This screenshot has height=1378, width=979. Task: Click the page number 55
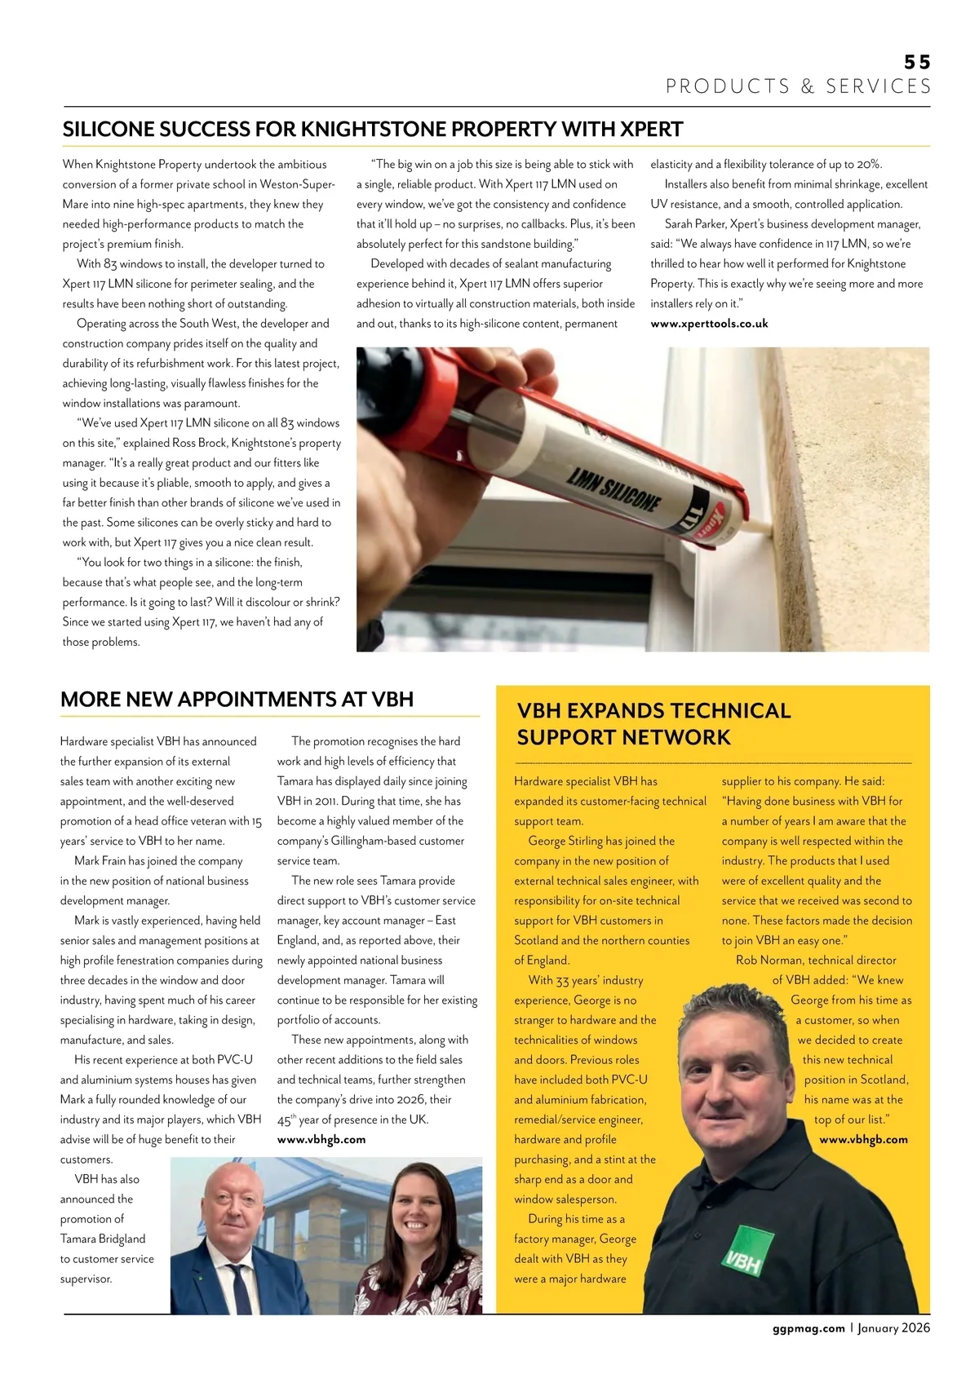point(917,62)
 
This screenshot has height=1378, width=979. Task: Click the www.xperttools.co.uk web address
point(709,324)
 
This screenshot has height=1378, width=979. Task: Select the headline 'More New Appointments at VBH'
point(237,700)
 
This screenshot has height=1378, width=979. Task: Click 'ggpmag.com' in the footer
point(808,1328)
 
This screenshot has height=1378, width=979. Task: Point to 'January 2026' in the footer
point(893,1328)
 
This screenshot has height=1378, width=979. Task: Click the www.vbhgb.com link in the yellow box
point(863,1140)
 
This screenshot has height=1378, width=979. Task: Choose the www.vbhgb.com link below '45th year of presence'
point(321,1140)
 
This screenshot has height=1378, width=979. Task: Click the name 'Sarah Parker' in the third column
point(695,224)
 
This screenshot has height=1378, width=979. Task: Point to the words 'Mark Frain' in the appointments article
point(104,861)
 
